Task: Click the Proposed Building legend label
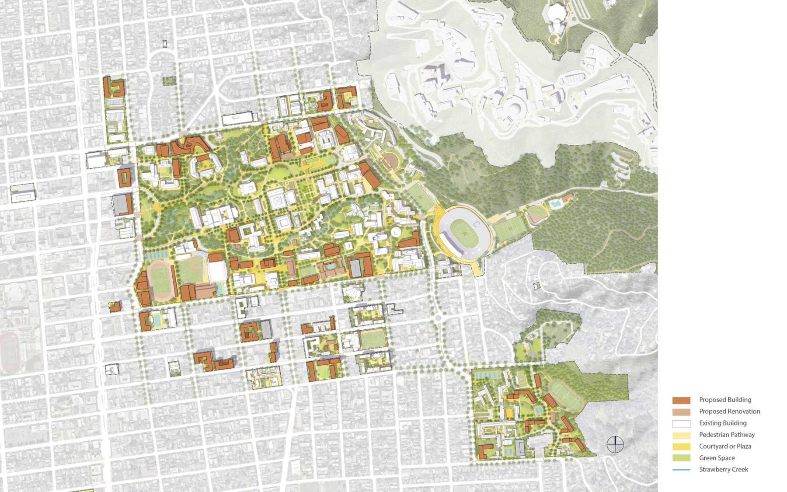point(725,400)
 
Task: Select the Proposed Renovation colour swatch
point(681,412)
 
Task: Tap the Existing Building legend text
point(723,423)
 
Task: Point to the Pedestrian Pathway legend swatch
point(681,435)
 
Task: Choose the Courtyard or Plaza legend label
point(725,447)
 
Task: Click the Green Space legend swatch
point(681,458)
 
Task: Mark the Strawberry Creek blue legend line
point(681,470)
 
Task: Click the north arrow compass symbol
point(615,444)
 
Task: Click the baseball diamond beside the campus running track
point(192,270)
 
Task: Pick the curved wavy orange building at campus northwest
point(189,145)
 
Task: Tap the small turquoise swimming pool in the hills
point(556,204)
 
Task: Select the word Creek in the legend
point(739,470)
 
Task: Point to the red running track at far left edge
point(10,352)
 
